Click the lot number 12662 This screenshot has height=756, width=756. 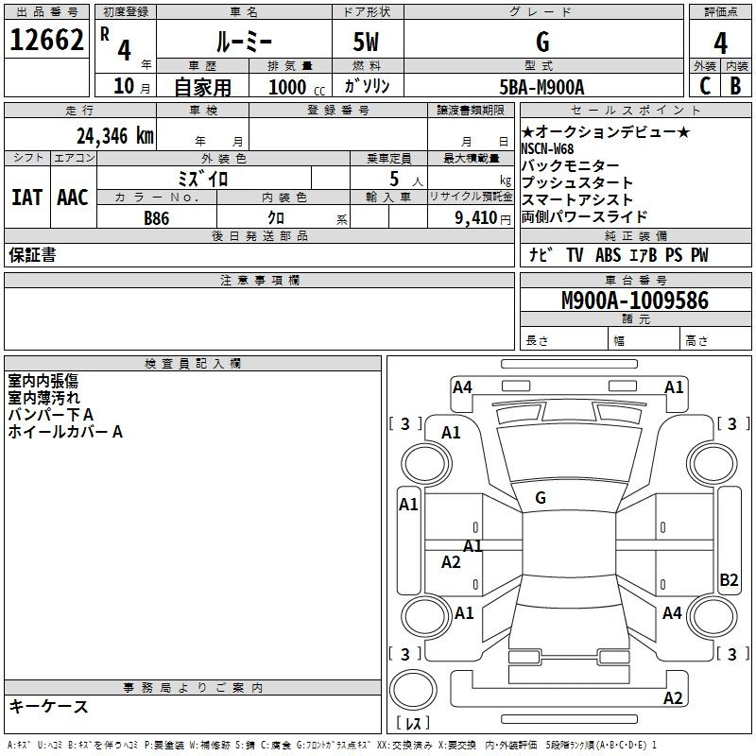pyautogui.click(x=46, y=40)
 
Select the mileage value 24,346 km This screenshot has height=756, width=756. pyautogui.click(x=114, y=136)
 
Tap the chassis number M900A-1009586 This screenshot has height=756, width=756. pyautogui.click(x=635, y=301)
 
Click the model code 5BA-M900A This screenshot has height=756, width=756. pyautogui.click(x=541, y=87)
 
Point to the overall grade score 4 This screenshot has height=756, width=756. pyautogui.click(x=720, y=43)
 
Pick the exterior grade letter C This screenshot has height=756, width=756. pyautogui.click(x=705, y=86)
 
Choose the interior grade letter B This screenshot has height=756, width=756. pyautogui.click(x=735, y=86)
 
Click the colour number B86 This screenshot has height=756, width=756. pyautogui.click(x=157, y=218)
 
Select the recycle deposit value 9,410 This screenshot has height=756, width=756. pyautogui.click(x=476, y=218)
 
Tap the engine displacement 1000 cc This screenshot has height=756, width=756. pyautogui.click(x=297, y=87)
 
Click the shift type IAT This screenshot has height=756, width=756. pyautogui.click(x=26, y=198)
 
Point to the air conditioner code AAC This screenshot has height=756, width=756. pyautogui.click(x=73, y=198)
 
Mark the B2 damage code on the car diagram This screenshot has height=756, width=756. pyautogui.click(x=729, y=579)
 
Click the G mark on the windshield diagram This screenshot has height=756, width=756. pyautogui.click(x=541, y=498)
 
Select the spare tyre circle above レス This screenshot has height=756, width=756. pyautogui.click(x=413, y=690)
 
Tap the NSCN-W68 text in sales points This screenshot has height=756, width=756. pyautogui.click(x=547, y=148)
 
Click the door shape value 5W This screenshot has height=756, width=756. pyautogui.click(x=366, y=42)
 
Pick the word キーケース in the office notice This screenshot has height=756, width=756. pyautogui.click(x=49, y=706)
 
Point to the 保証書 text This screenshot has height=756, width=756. pyautogui.click(x=32, y=254)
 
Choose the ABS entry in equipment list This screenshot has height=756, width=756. pyautogui.click(x=608, y=254)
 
